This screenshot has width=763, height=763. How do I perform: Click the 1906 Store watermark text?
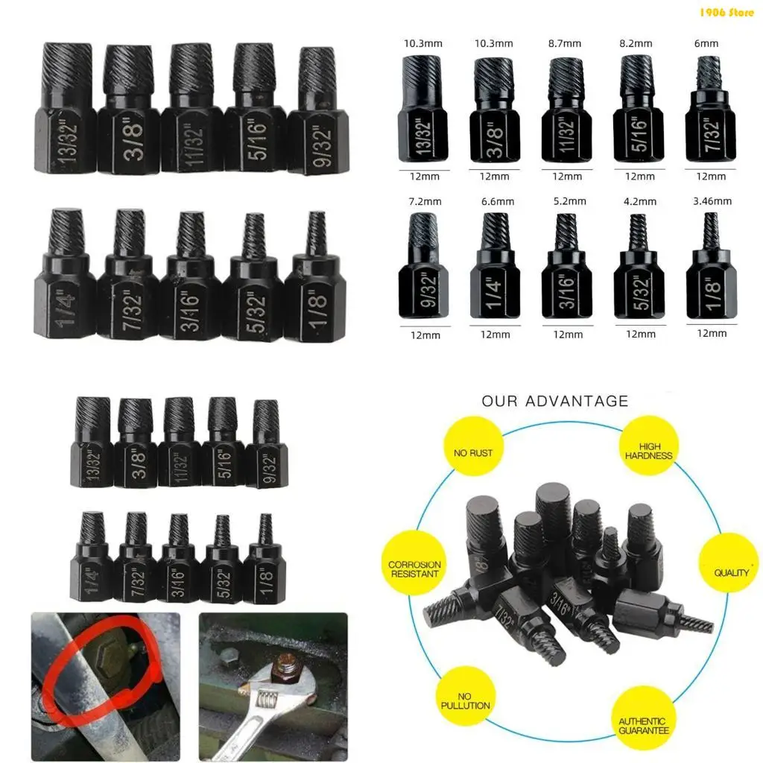click(726, 12)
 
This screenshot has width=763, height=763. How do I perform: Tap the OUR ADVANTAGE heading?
click(554, 402)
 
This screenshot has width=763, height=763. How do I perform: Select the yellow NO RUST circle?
click(473, 452)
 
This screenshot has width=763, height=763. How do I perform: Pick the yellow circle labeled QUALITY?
click(732, 572)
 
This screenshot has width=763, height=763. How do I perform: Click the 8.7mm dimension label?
click(565, 43)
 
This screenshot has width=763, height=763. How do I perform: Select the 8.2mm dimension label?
click(636, 43)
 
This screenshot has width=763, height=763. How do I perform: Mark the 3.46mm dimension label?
click(712, 201)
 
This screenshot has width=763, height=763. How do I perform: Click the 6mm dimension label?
click(706, 43)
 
